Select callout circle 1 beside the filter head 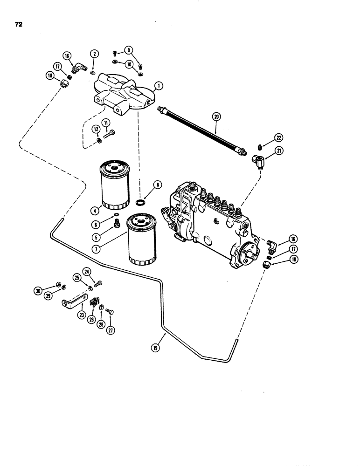[x=159, y=86]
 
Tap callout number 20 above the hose [x=215, y=116]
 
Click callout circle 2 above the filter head [x=95, y=54]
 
